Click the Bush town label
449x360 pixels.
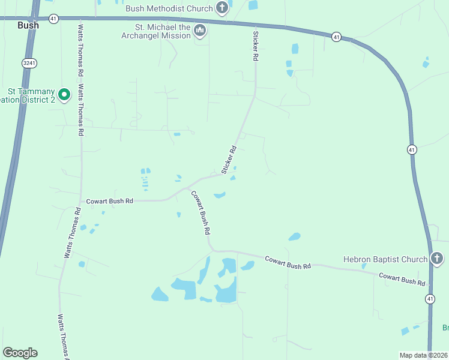(x=28, y=25)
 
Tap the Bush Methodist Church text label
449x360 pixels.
(x=169, y=8)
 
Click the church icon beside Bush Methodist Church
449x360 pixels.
(x=222, y=8)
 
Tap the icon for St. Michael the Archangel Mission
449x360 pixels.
(x=200, y=30)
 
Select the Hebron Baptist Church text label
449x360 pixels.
(x=385, y=259)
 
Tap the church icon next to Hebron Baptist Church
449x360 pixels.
(x=437, y=259)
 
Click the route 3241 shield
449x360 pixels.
(x=29, y=62)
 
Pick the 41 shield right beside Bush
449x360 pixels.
(x=54, y=19)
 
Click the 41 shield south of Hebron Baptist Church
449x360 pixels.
(x=430, y=298)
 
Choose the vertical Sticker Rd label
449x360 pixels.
(x=255, y=46)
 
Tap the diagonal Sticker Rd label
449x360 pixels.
(x=229, y=160)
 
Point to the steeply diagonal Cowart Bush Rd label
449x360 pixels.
(x=200, y=212)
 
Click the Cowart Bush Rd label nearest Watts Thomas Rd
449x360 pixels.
(x=109, y=202)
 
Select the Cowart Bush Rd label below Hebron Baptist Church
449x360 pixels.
(x=402, y=279)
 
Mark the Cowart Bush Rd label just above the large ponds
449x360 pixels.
(x=288, y=262)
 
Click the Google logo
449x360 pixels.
(x=20, y=353)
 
